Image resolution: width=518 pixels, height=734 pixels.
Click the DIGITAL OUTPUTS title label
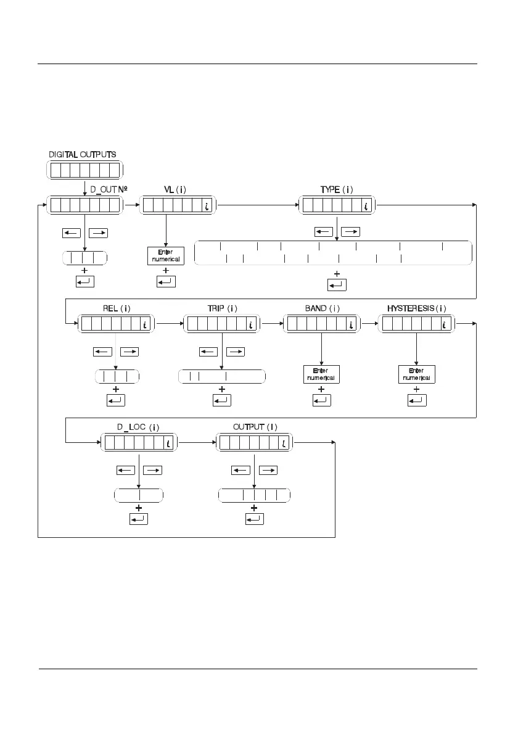pos(83,154)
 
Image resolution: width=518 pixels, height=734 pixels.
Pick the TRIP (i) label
pos(223,308)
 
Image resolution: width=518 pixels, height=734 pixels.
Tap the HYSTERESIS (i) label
pos(417,308)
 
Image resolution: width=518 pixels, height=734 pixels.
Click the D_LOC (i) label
pos(139,427)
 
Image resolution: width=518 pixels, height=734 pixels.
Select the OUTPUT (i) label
pos(255,427)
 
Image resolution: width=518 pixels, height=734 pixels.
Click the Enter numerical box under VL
pos(166,256)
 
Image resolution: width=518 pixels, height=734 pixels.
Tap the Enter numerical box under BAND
pos(322,374)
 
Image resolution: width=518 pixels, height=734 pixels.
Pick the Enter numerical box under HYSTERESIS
pos(417,374)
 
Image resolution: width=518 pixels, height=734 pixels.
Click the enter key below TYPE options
pos(337,285)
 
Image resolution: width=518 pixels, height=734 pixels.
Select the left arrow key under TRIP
pos(208,352)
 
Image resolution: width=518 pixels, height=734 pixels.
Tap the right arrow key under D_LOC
pos(153,471)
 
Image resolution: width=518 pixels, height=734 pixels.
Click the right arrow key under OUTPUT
pos(268,471)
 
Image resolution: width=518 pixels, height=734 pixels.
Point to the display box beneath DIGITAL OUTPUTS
pos(84,170)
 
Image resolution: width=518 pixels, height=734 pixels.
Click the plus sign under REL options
pos(116,390)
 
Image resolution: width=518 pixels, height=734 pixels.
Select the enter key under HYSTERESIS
pos(417,400)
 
